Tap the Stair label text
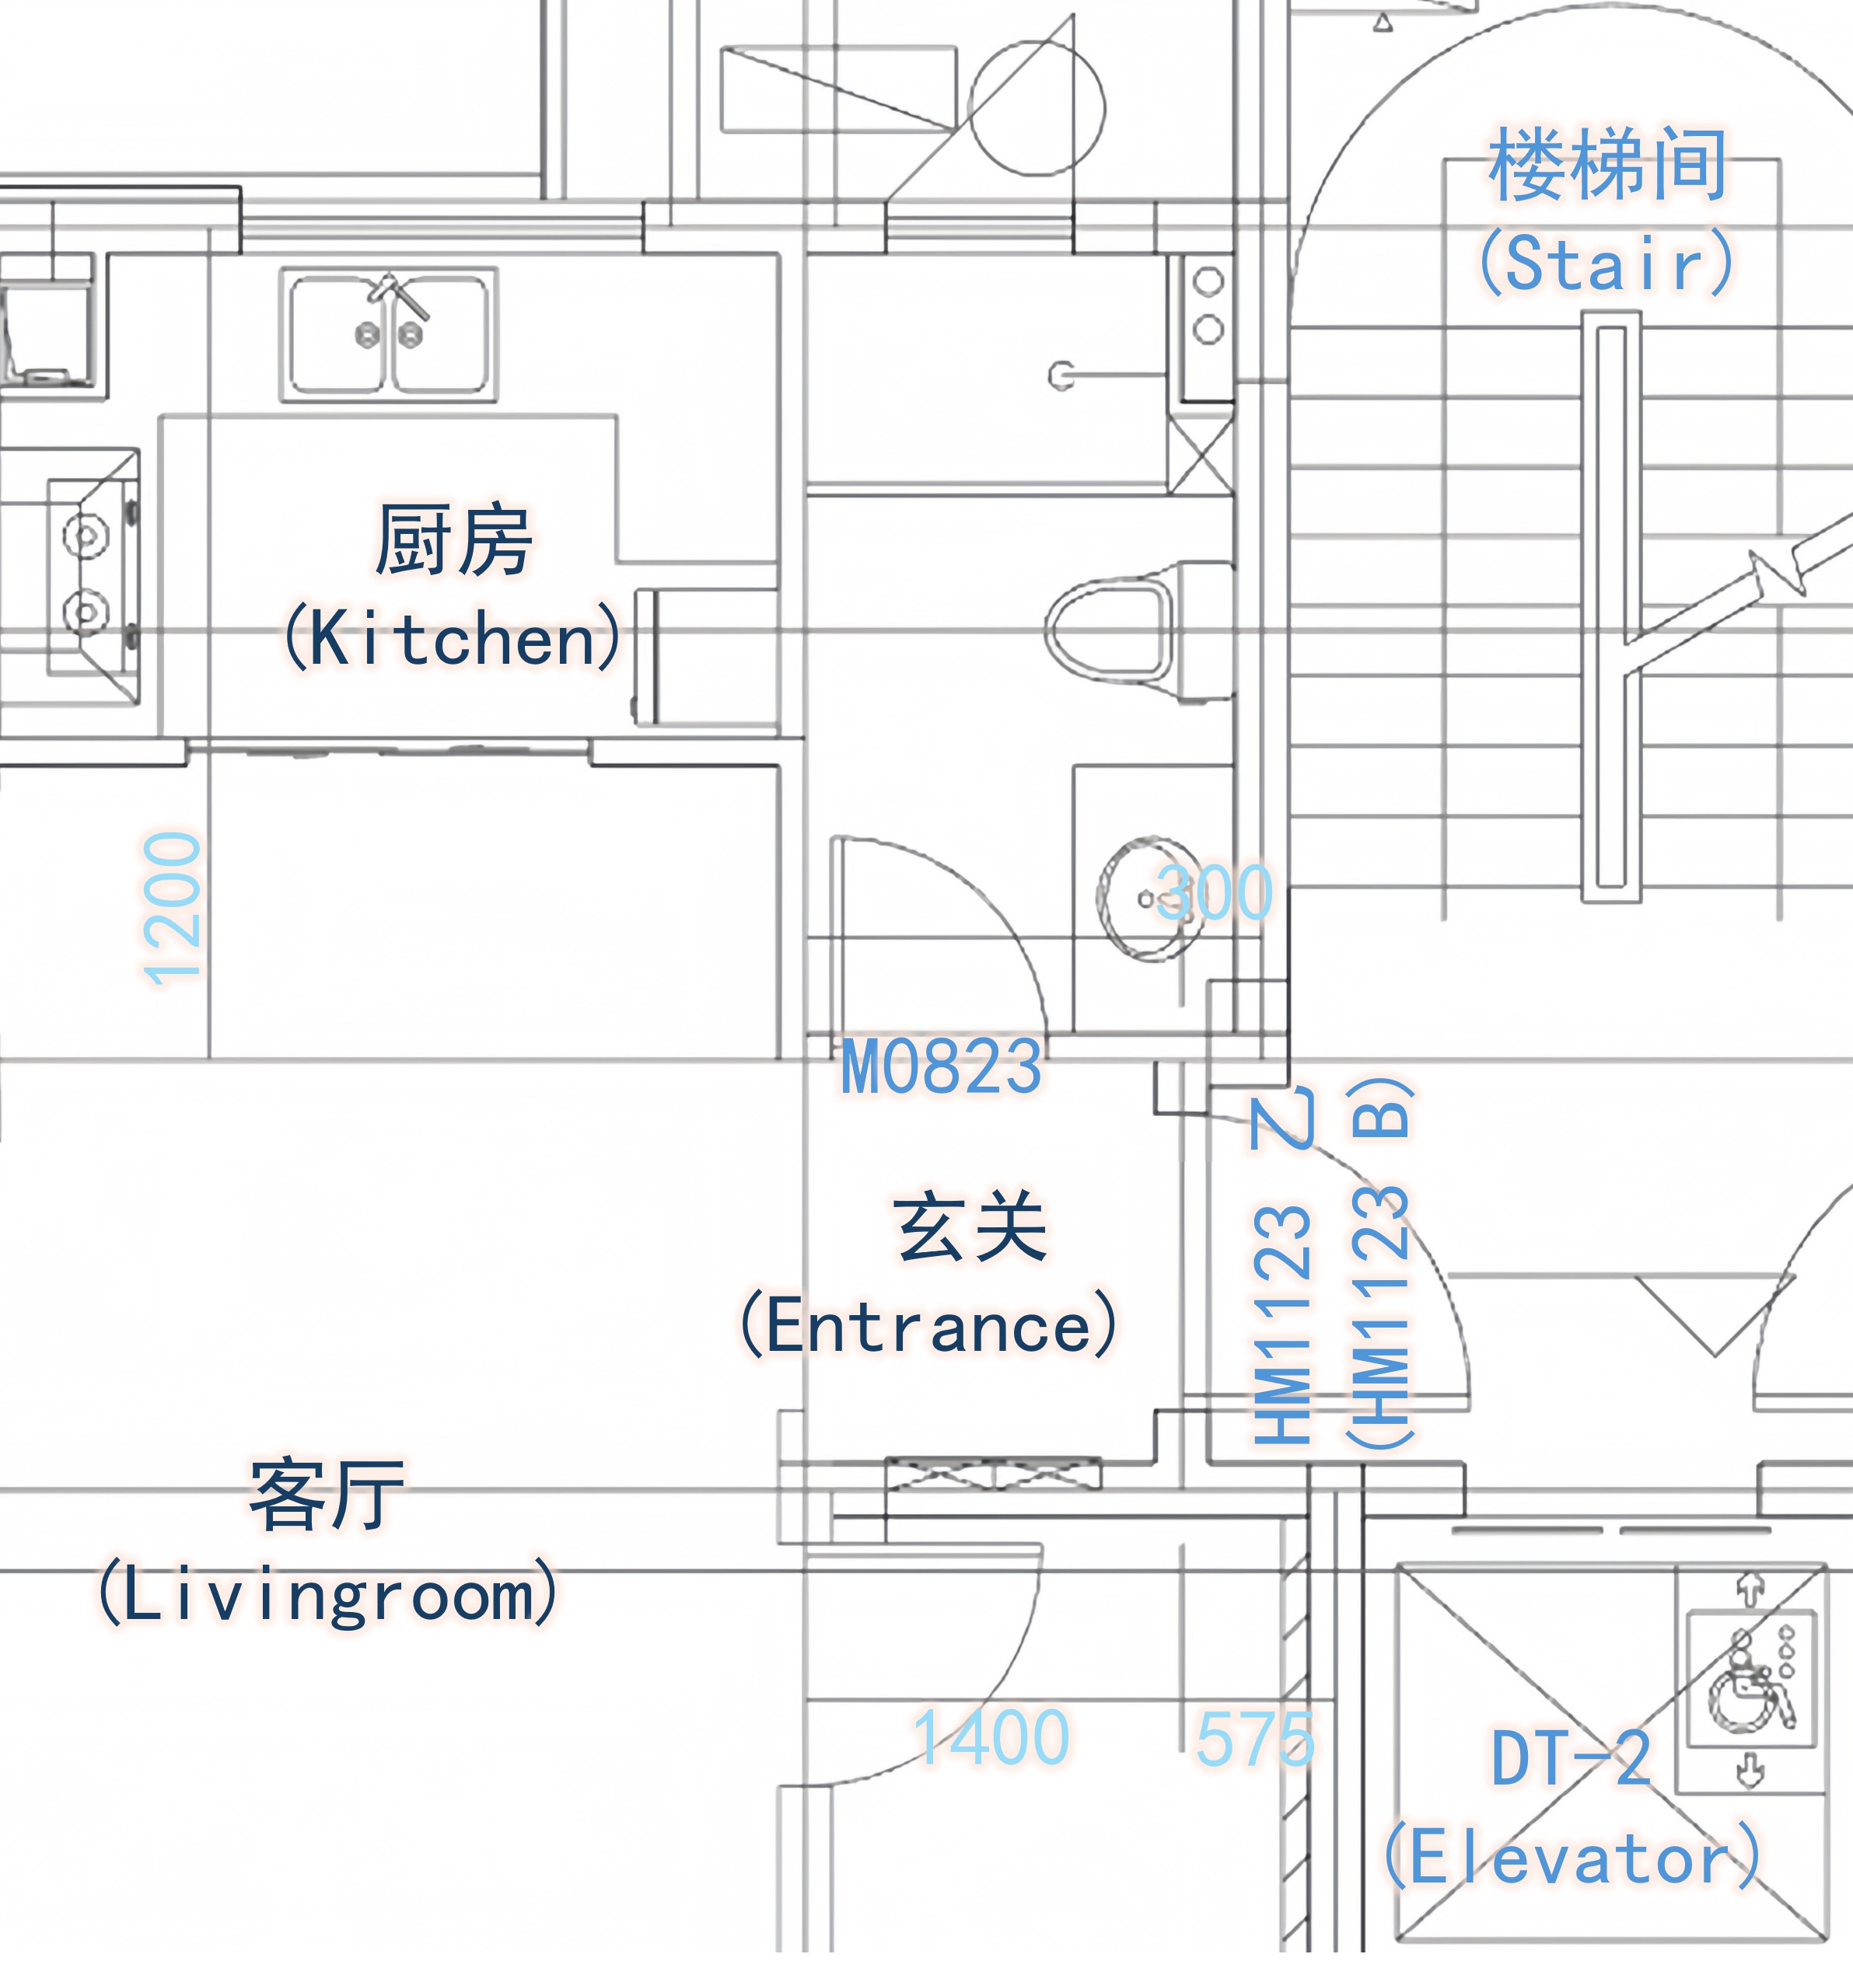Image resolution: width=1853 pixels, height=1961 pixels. (1607, 211)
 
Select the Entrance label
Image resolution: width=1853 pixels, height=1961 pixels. (929, 1275)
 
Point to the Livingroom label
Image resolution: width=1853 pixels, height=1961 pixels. (327, 1541)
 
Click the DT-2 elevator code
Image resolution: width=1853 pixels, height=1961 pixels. (1571, 1759)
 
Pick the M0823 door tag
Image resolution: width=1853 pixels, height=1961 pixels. (942, 1066)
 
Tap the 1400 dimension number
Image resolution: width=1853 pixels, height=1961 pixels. (991, 1738)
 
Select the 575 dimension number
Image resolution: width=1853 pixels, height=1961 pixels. (1254, 1739)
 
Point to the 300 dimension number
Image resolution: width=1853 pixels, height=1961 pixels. (1214, 892)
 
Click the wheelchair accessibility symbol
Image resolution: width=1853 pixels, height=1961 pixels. (1750, 1684)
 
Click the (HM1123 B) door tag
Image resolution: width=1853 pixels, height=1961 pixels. (1380, 1264)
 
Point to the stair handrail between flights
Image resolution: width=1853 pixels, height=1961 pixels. (1611, 607)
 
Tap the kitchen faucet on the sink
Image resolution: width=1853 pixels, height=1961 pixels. (398, 296)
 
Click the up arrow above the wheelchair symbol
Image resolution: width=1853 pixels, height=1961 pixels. (1750, 1589)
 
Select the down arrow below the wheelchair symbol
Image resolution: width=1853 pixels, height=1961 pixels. (1750, 1770)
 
